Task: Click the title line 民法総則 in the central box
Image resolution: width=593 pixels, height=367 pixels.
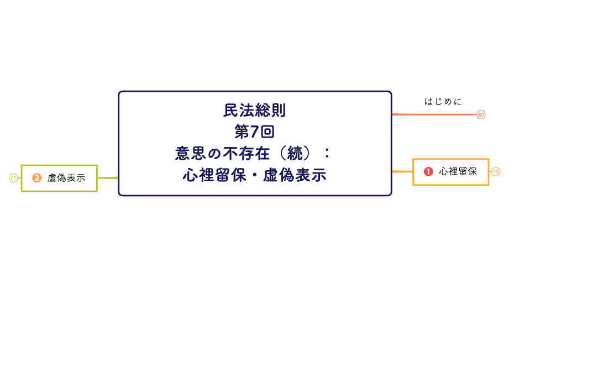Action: [x=255, y=111]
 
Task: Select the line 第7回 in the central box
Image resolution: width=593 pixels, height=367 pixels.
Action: [x=255, y=132]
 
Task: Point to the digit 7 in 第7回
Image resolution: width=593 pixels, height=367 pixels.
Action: [x=255, y=132]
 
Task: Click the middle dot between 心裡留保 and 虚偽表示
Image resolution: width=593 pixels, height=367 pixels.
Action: [x=255, y=175]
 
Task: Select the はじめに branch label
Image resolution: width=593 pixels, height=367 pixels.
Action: [x=443, y=102]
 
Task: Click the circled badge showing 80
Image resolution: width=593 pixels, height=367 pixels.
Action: [x=481, y=114]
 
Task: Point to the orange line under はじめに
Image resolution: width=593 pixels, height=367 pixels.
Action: [x=434, y=114]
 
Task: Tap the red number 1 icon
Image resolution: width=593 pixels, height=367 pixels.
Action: [x=428, y=172]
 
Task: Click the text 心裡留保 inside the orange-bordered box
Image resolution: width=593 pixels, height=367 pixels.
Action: [x=458, y=172]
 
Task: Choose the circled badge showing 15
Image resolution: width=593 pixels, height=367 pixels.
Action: [x=496, y=172]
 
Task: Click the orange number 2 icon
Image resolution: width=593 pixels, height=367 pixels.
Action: [x=37, y=178]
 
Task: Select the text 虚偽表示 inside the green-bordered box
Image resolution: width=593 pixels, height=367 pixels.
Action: [x=66, y=178]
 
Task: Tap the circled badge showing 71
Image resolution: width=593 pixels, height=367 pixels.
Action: [x=13, y=178]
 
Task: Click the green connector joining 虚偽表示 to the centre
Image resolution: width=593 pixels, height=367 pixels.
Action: [x=108, y=178]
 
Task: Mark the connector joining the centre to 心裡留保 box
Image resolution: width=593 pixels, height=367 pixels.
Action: [x=402, y=171]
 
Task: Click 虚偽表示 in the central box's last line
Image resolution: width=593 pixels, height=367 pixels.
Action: [x=295, y=175]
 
